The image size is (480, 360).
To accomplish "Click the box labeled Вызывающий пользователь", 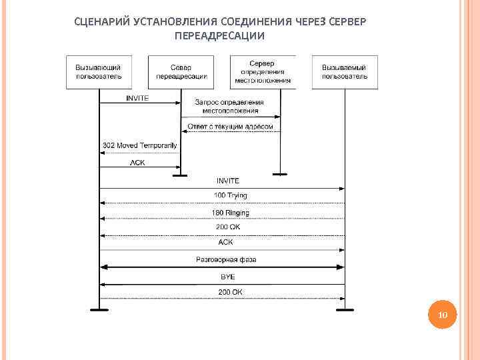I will point(99,72).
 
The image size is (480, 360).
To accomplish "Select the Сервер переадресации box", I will point(181,72).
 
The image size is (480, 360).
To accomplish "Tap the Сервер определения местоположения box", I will point(263,72).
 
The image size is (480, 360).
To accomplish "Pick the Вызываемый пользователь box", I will point(345,72).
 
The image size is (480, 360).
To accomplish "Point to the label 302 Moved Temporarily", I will point(139,145).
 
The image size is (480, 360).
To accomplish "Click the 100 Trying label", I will point(230,195).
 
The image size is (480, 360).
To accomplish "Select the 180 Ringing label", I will point(230,213).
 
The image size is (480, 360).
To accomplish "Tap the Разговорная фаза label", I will point(226,259).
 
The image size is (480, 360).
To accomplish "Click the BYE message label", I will point(228,276).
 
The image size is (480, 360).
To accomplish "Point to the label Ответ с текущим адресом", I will point(230,126).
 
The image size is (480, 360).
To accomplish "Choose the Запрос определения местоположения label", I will point(229,106).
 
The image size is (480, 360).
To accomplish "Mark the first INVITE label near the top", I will point(138,98).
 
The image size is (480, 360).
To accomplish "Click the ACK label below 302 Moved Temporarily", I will point(137,162).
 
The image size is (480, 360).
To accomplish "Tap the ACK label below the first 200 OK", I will point(226,242).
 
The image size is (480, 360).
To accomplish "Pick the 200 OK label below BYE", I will point(230,292).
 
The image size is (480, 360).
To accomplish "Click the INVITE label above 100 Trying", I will point(228,181).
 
